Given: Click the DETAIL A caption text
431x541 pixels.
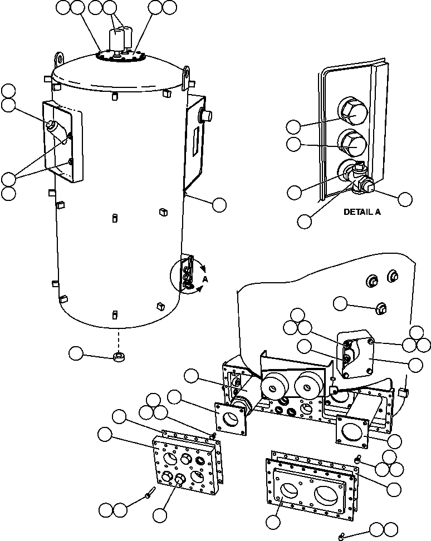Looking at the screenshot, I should [362, 212].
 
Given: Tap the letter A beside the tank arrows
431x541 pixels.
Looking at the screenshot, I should [204, 279].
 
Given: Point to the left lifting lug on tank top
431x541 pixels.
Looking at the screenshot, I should [58, 58].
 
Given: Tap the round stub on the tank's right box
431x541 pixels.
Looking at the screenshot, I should [208, 116].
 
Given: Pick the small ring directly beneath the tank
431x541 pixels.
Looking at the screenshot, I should [118, 356].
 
